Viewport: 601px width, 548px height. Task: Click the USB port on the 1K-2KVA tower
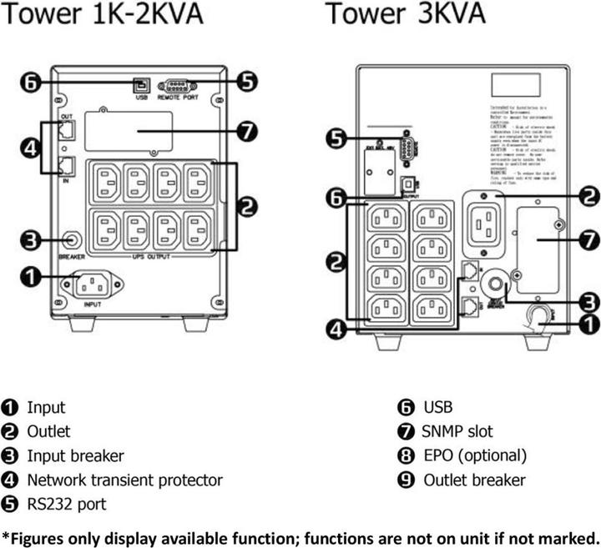tap(139, 85)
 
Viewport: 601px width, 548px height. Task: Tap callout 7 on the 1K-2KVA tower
tap(248, 132)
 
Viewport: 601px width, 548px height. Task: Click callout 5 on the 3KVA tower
tap(337, 138)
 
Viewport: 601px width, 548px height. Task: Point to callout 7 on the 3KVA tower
tap(589, 239)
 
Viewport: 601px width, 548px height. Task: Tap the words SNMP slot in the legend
tap(457, 431)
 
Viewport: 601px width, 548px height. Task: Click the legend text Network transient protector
tap(124, 480)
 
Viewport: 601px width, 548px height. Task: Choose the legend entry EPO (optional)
tap(474, 455)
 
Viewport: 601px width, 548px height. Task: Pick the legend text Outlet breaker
tap(474, 480)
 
